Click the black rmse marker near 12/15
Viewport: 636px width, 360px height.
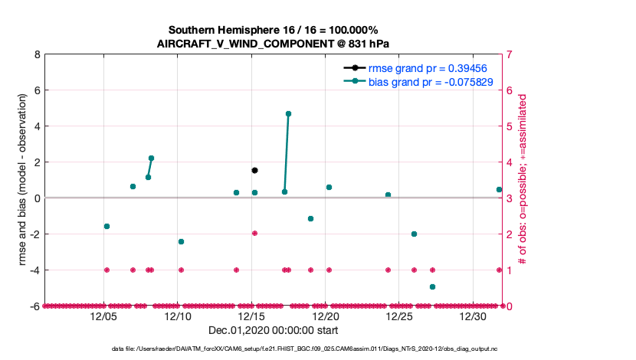coord(254,170)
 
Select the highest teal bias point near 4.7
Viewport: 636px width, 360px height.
coord(288,113)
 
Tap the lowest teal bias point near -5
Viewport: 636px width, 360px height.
coord(432,286)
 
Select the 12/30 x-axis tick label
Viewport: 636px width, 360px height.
coord(473,316)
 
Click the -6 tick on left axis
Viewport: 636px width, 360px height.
coord(34,306)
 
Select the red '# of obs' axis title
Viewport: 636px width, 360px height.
coord(522,181)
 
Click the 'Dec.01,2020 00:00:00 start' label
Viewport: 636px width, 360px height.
coord(273,330)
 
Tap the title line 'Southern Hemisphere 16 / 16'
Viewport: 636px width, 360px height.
coord(273,30)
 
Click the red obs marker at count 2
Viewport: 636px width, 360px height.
coord(254,233)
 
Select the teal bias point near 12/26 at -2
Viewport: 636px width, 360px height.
coord(414,234)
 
